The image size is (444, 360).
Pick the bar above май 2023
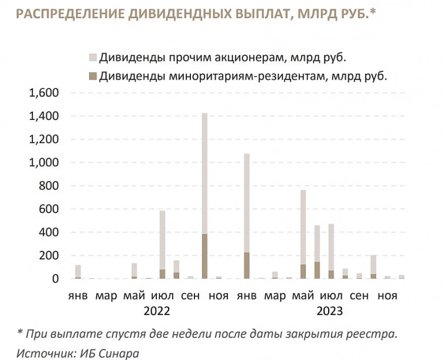click(x=303, y=234)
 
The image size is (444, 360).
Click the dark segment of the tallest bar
click(x=204, y=256)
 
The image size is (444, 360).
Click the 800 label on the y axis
click(x=49, y=186)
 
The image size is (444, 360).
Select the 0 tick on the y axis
click(x=56, y=279)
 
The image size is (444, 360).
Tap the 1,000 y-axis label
click(x=43, y=163)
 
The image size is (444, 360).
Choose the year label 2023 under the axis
click(x=330, y=311)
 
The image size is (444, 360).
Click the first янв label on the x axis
click(x=77, y=296)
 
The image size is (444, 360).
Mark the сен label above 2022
click(x=190, y=296)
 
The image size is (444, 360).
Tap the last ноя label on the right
click(x=387, y=296)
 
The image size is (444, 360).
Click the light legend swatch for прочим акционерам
click(x=93, y=57)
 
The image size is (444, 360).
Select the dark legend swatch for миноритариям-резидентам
click(x=93, y=76)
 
